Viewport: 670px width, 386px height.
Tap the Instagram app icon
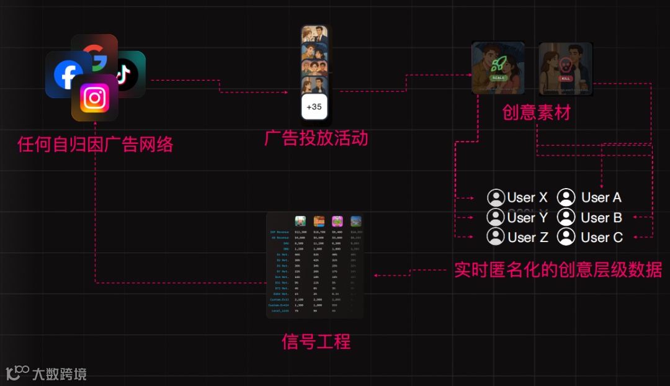95,98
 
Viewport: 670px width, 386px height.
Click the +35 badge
314,107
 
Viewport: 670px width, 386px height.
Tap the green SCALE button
498,78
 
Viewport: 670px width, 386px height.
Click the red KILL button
565,79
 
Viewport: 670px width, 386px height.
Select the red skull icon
566,65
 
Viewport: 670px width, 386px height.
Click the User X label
527,198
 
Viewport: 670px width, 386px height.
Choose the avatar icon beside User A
566,197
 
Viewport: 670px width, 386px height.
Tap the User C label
602,237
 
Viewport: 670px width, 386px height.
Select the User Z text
527,237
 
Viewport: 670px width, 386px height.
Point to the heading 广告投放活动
316,138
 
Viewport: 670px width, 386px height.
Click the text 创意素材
536,112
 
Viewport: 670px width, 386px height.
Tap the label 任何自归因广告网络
95,145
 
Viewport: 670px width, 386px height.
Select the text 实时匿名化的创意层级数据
558,270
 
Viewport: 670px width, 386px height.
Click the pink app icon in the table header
337,221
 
